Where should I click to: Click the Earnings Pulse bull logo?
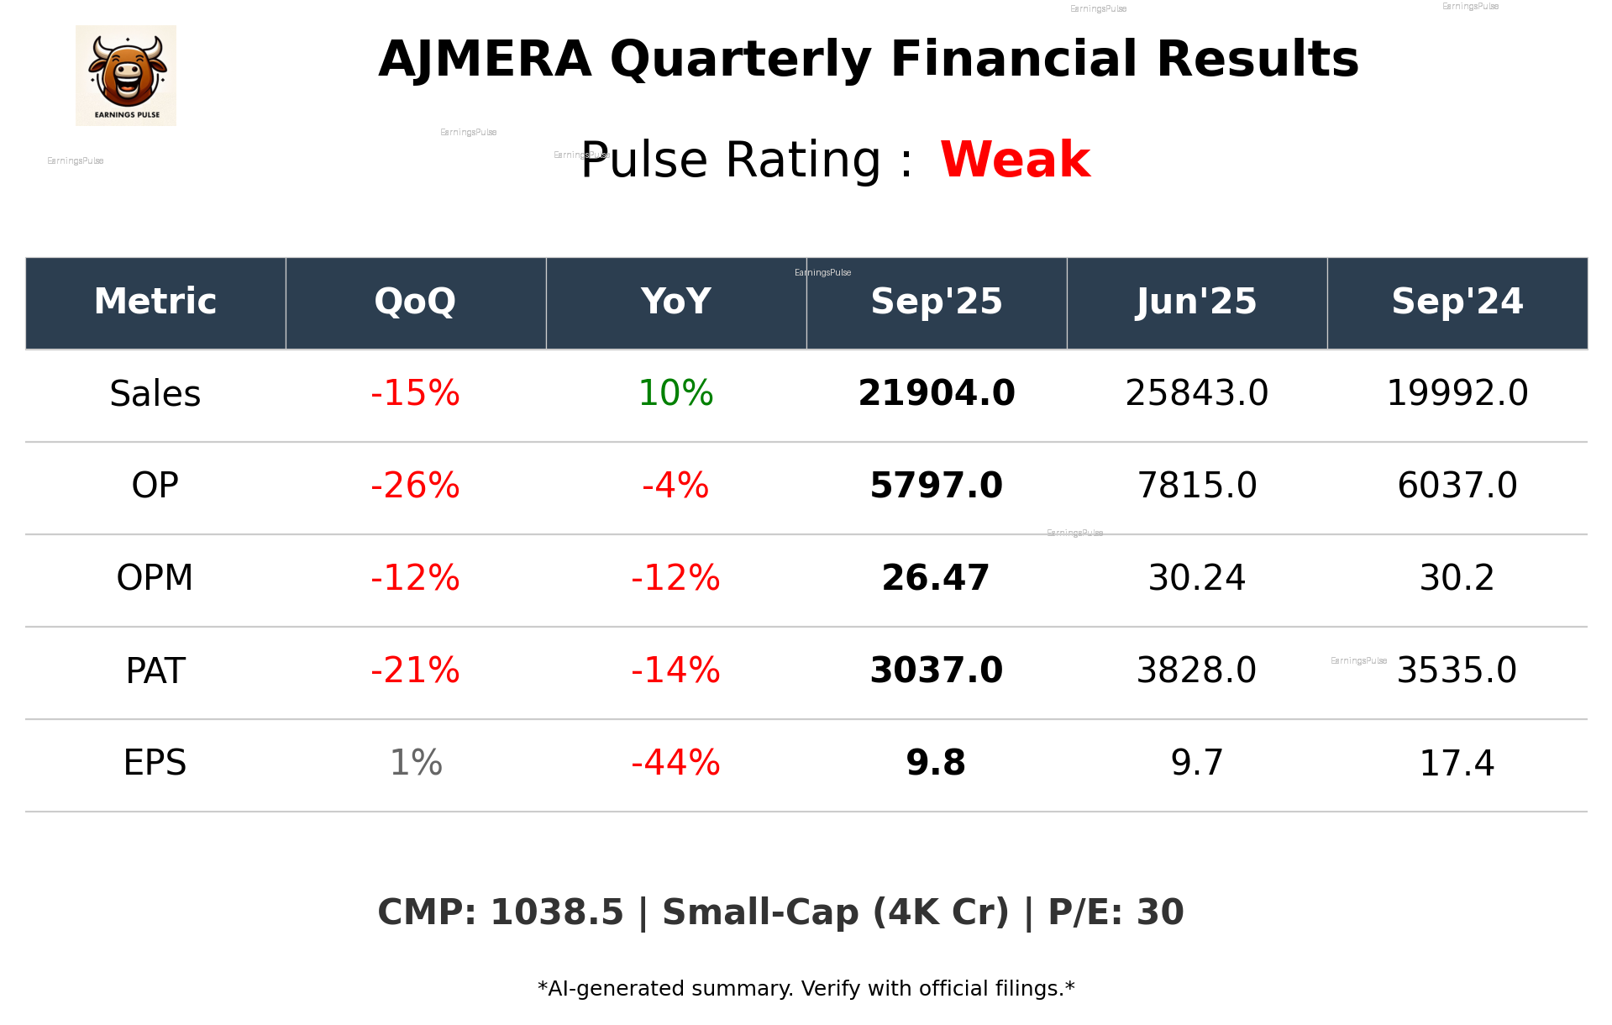point(126,75)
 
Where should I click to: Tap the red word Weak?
point(1015,160)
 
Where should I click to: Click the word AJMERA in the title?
point(485,60)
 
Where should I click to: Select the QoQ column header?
point(415,302)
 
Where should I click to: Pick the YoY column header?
point(675,302)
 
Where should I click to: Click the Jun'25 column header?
point(1196,302)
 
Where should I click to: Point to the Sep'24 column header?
point(1457,302)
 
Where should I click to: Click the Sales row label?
point(155,394)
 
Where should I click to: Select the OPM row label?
point(155,578)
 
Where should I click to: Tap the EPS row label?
point(155,763)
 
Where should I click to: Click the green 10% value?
point(675,393)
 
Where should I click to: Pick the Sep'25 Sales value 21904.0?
point(936,393)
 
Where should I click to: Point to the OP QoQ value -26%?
point(415,486)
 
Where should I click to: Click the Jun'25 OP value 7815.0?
point(1196,486)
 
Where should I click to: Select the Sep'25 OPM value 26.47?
point(936,578)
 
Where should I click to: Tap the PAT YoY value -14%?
point(675,670)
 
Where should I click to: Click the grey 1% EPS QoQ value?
point(416,763)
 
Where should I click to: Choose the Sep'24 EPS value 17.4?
point(1457,764)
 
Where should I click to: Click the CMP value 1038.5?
point(557,912)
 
